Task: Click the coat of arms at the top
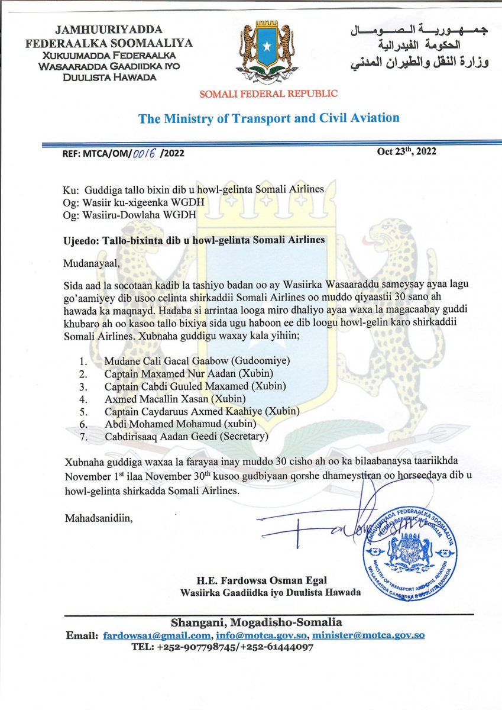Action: [269, 52]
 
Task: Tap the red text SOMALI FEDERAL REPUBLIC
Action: [269, 93]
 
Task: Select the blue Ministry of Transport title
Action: [268, 118]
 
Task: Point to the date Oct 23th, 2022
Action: [406, 151]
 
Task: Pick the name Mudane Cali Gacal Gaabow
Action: [169, 361]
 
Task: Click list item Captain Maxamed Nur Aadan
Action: [169, 374]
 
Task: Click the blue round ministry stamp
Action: [410, 552]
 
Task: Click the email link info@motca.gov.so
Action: [261, 635]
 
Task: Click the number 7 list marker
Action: [83, 437]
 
